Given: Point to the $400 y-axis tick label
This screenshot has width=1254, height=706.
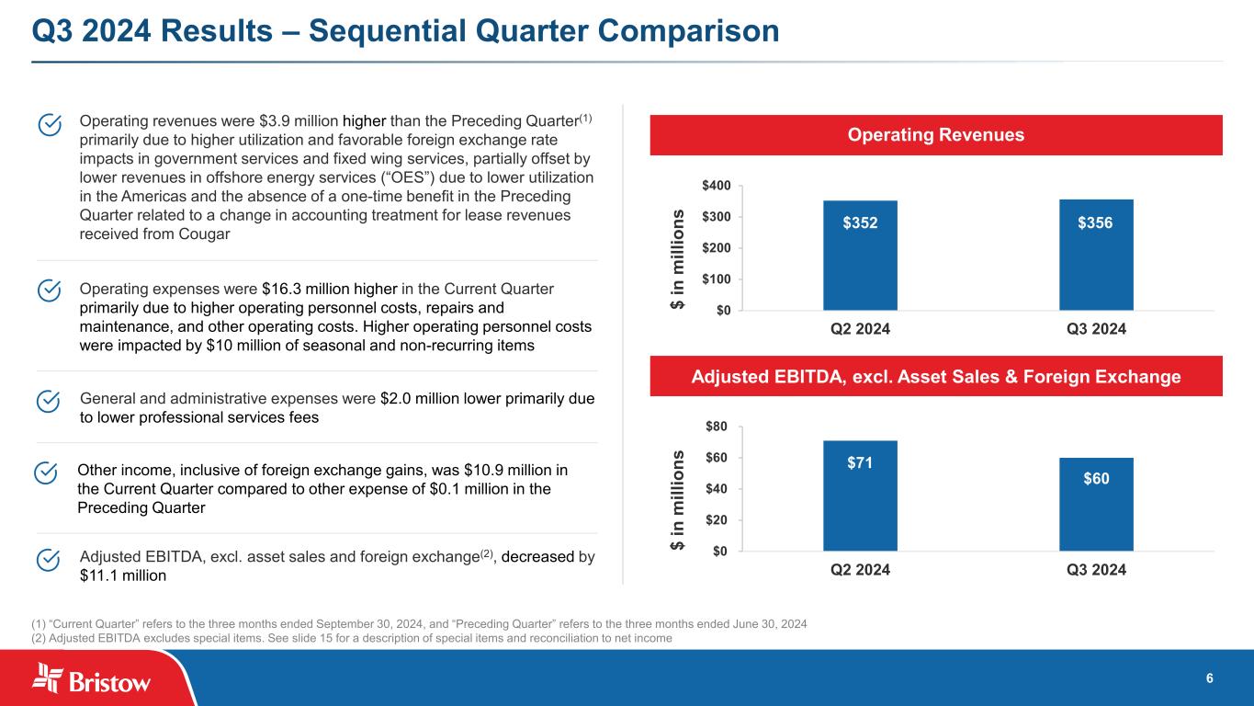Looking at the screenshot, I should point(717,186).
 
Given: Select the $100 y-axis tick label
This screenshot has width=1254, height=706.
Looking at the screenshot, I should point(717,279).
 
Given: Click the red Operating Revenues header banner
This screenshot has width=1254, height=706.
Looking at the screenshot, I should point(936,135).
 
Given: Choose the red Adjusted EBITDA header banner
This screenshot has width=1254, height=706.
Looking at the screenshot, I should point(936,376).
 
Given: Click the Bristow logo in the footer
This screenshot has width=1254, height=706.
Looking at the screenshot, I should point(92,679).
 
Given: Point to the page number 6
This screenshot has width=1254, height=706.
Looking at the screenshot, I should point(1209,678).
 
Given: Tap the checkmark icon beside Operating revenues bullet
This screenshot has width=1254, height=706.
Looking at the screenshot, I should point(50,124).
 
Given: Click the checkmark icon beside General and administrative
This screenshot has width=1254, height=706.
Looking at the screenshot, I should point(50,402).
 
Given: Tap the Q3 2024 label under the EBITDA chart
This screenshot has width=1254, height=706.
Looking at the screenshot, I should point(1096,570).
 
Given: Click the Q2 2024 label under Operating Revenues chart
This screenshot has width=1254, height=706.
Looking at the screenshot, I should point(860,329).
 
